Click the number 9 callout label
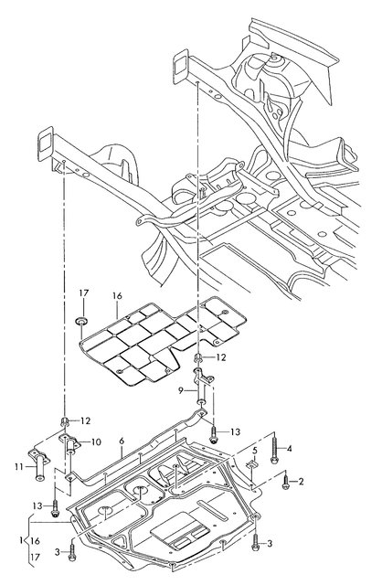[181, 390]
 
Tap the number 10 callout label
[96, 442]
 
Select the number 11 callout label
[19, 466]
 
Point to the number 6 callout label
[122, 441]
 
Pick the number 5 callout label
[255, 450]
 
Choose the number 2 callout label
[301, 482]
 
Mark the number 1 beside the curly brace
[22, 540]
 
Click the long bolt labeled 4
[274, 448]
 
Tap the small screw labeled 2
[285, 482]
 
